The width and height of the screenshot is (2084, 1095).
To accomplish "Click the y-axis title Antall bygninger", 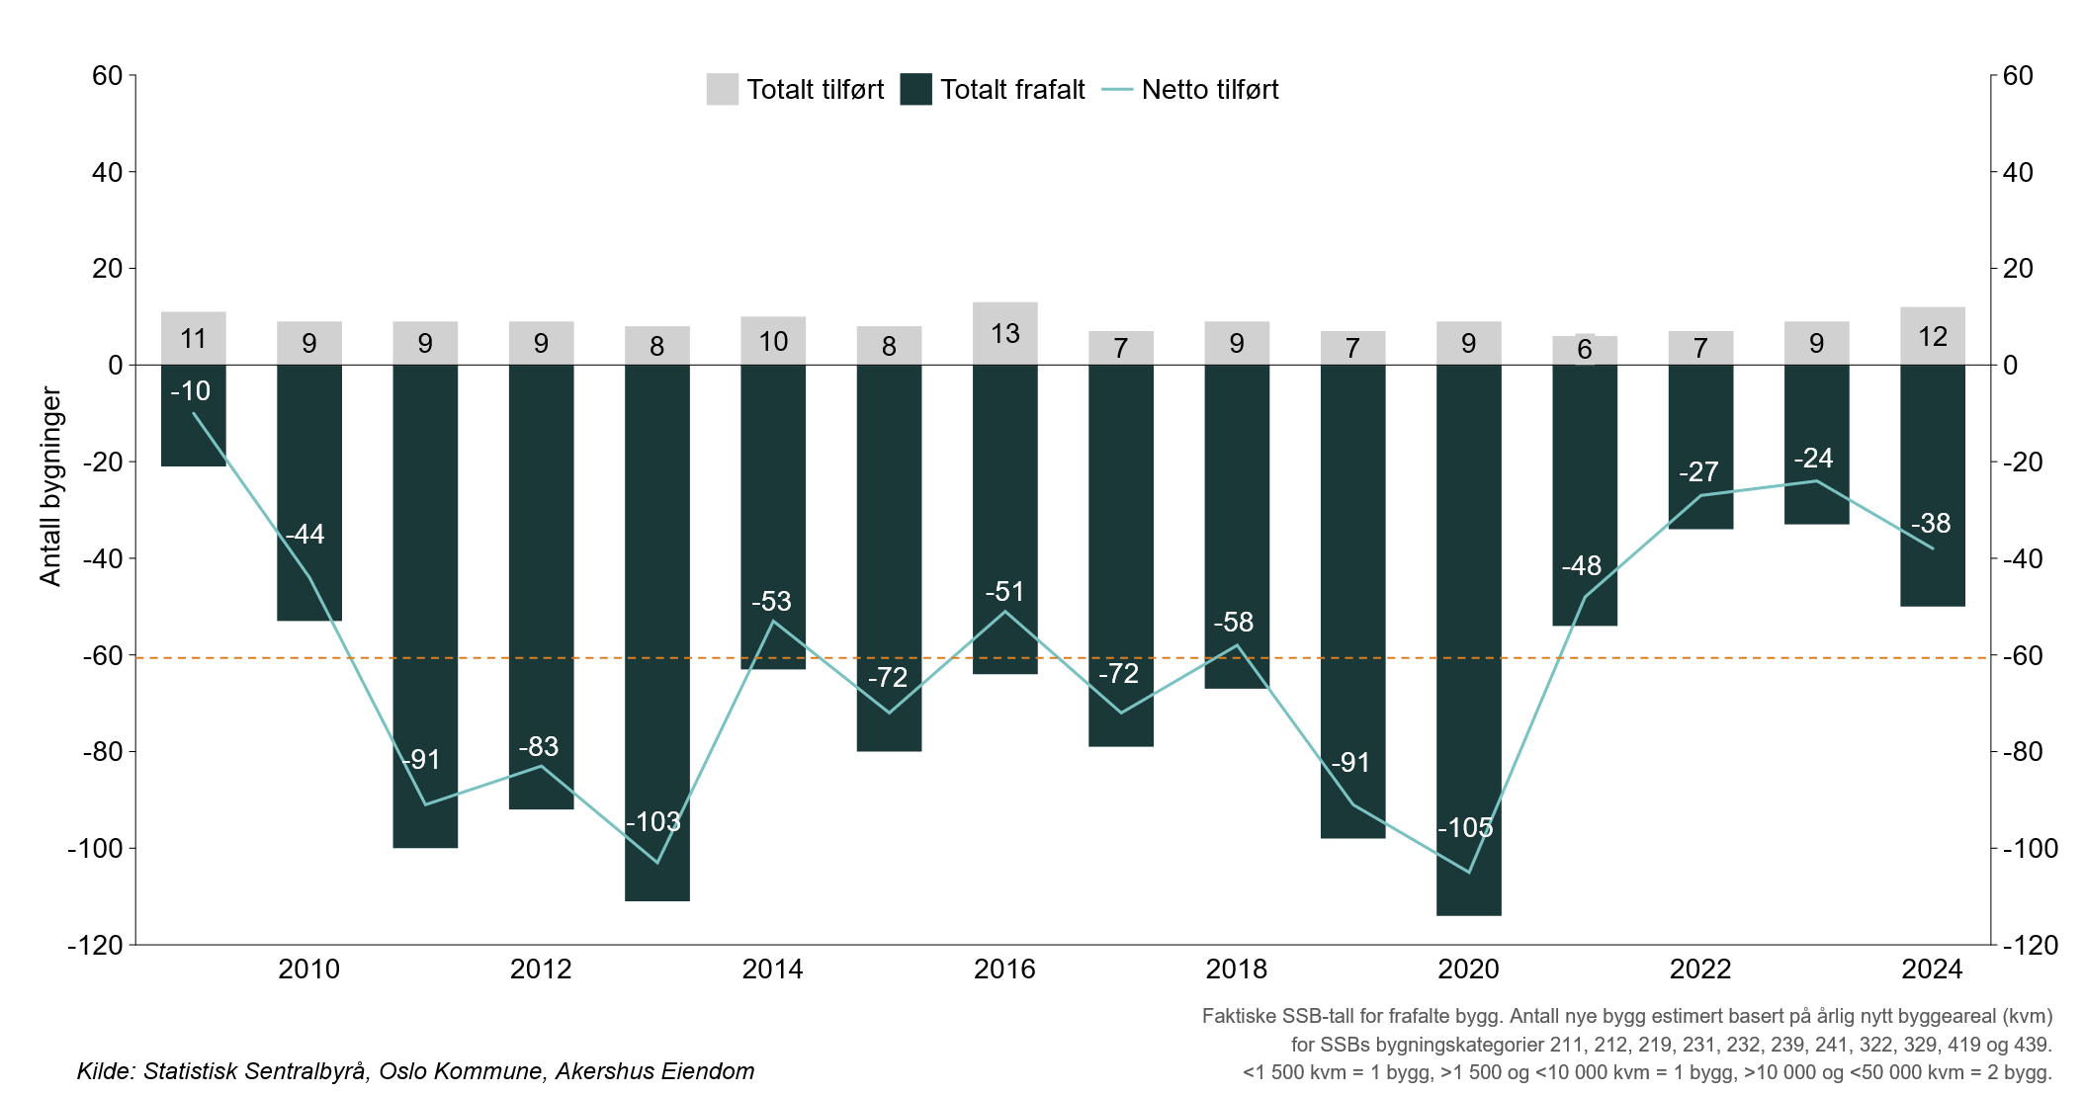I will (50, 486).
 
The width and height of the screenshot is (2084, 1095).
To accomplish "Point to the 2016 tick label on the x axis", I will (1004, 969).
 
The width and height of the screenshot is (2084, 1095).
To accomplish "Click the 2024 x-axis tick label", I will (1932, 969).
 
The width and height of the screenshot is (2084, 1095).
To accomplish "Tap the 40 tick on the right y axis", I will (2018, 172).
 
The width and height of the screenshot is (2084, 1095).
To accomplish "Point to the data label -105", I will (1465, 828).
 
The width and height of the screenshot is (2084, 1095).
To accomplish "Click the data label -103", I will (653, 822).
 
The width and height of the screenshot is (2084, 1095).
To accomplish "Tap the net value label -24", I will (1813, 459).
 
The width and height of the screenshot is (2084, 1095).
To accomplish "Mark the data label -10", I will (190, 391).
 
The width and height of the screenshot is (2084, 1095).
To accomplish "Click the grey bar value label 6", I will (1584, 349).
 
